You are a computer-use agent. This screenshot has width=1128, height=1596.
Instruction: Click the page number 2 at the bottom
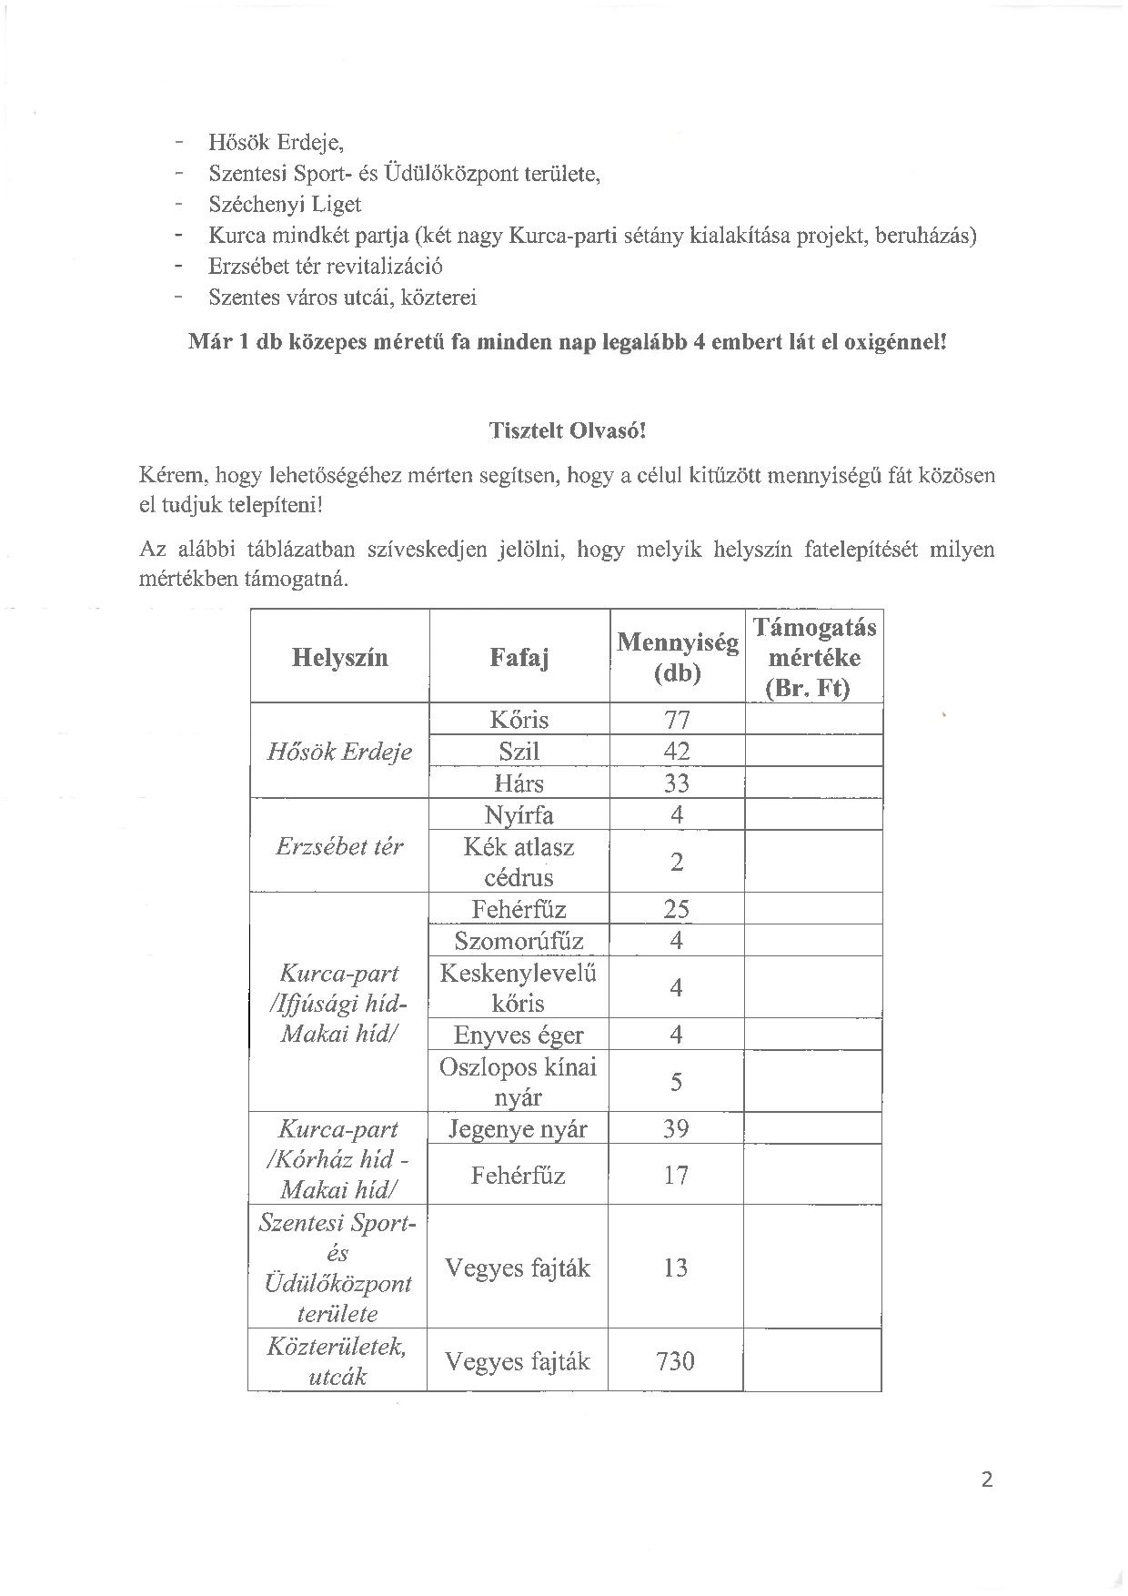click(x=987, y=1479)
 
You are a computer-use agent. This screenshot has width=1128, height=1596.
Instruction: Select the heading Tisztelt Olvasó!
click(x=567, y=430)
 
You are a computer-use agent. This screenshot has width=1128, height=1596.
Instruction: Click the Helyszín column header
click(x=339, y=658)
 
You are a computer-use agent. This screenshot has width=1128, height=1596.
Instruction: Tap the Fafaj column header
click(x=519, y=658)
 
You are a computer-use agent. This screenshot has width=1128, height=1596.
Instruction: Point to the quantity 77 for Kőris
click(x=677, y=720)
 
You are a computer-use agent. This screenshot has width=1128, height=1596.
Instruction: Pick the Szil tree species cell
click(x=519, y=752)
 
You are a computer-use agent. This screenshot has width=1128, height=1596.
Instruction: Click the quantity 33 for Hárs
click(x=677, y=783)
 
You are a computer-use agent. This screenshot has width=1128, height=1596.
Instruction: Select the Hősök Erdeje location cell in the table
click(x=339, y=752)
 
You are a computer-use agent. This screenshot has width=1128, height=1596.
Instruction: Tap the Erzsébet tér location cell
click(x=339, y=846)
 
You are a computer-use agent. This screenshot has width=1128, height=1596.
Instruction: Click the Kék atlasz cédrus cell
click(x=519, y=862)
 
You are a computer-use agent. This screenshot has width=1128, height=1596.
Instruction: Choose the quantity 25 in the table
click(x=677, y=908)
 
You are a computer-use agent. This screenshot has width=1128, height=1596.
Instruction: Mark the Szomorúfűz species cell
click(x=519, y=940)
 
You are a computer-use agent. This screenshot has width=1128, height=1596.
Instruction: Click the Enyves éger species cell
click(x=519, y=1035)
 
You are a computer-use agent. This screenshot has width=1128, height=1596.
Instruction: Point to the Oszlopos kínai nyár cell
click(x=519, y=1082)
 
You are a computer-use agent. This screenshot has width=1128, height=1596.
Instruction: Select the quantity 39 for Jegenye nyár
click(x=677, y=1128)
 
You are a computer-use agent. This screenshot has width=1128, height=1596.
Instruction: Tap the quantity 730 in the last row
click(x=675, y=1360)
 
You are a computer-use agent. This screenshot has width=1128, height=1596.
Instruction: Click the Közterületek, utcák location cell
click(x=337, y=1360)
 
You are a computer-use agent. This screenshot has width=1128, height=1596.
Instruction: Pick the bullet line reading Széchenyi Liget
click(x=285, y=204)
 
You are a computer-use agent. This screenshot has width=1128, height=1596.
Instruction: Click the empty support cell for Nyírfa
click(x=813, y=814)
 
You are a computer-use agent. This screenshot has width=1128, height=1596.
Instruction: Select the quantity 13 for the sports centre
click(x=676, y=1268)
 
